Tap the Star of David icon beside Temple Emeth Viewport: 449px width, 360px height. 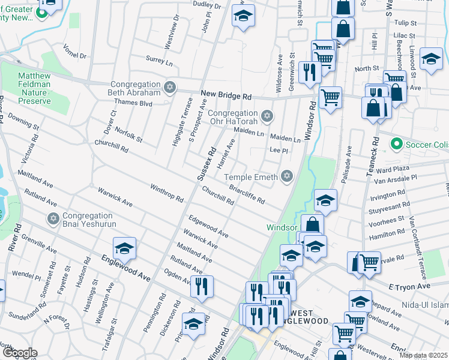pos(287,176)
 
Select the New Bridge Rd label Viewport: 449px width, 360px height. pos(226,95)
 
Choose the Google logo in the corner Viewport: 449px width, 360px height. pos(19,353)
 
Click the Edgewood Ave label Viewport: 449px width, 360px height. pos(208,226)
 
